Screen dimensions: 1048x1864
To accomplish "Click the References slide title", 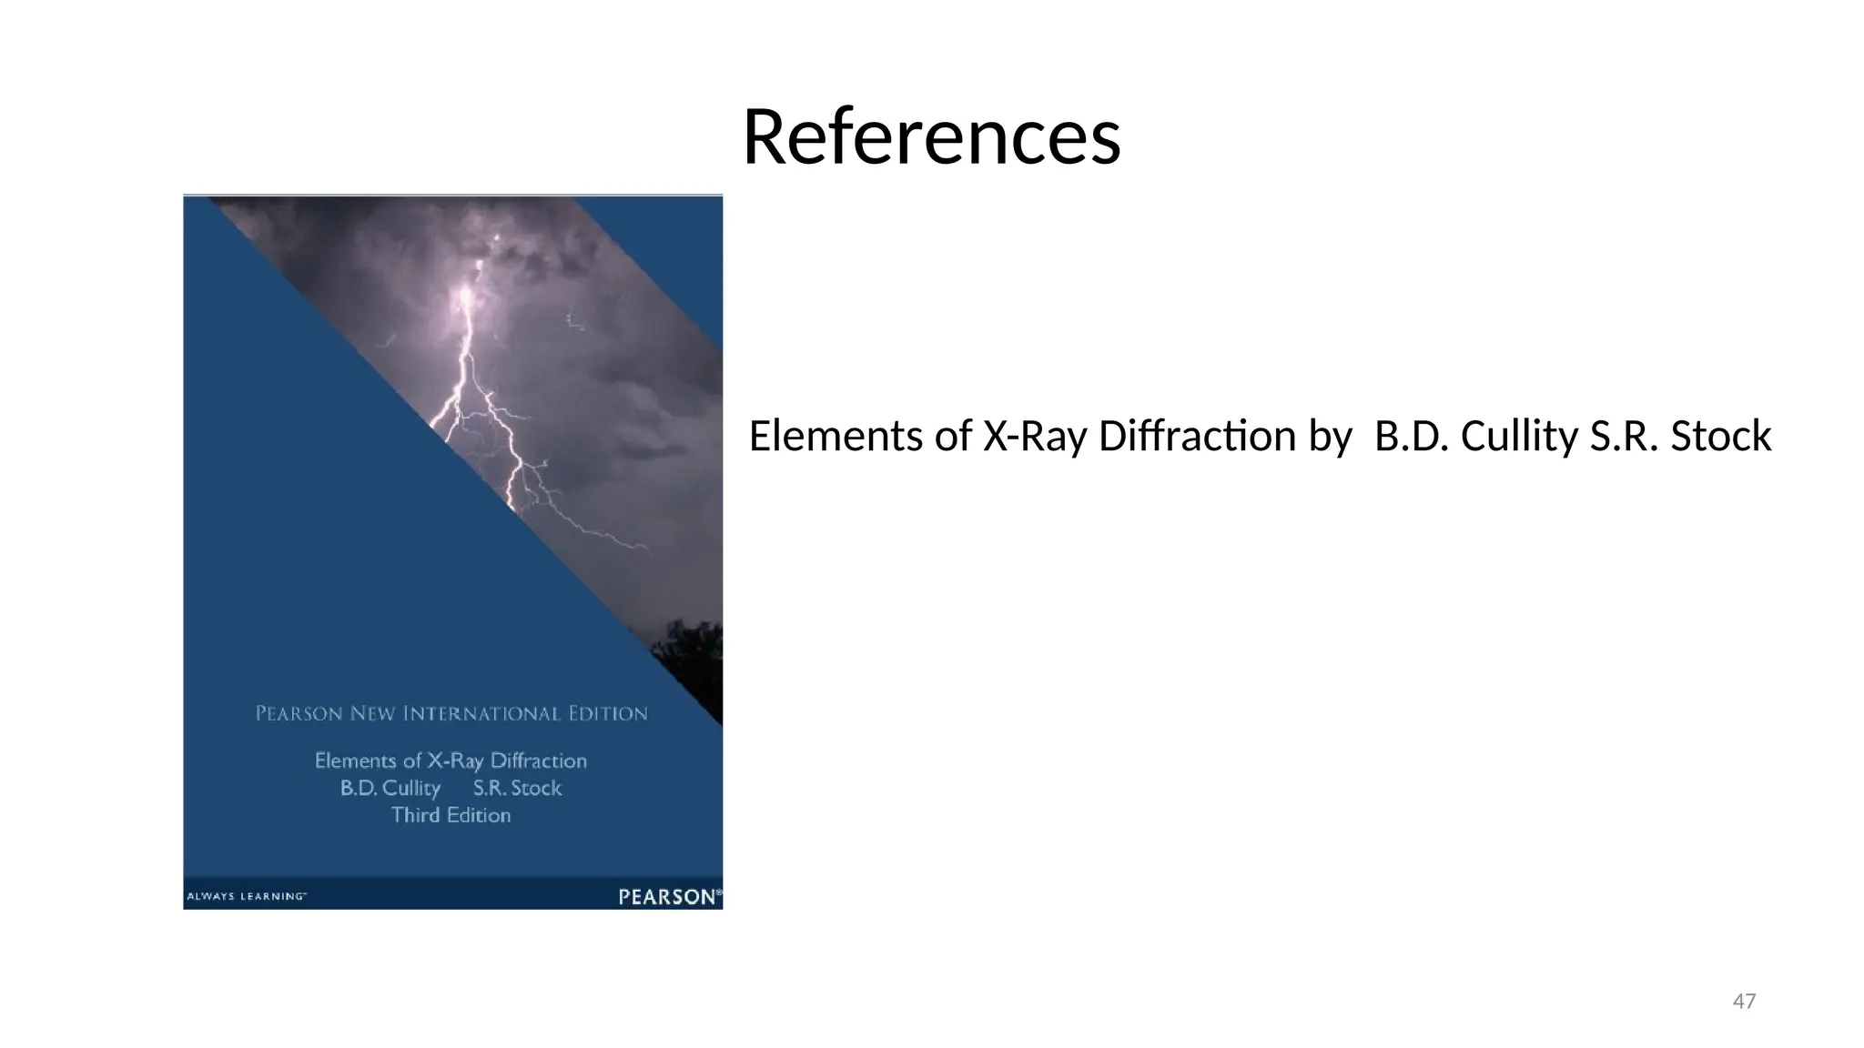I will point(931,137).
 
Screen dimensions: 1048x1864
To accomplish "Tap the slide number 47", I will point(1744,1002).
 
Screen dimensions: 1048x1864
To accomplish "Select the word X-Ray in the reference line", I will point(1035,437).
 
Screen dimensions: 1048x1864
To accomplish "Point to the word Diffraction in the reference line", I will point(1197,437).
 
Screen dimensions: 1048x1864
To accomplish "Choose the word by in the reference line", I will point(1331,438).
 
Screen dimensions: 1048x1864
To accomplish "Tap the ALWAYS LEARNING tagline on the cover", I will point(246,897).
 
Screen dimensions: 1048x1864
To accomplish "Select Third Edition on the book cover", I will point(451,815).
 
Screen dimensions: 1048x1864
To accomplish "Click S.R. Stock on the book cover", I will point(517,788).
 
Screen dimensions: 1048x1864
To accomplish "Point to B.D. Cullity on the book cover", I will point(390,788).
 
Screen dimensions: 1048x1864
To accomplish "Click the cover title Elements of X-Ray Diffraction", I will point(451,761).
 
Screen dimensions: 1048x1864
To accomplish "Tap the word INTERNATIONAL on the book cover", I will point(481,714).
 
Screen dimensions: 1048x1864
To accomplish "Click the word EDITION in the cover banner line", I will point(608,714).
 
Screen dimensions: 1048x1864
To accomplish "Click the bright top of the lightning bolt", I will point(466,296).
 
